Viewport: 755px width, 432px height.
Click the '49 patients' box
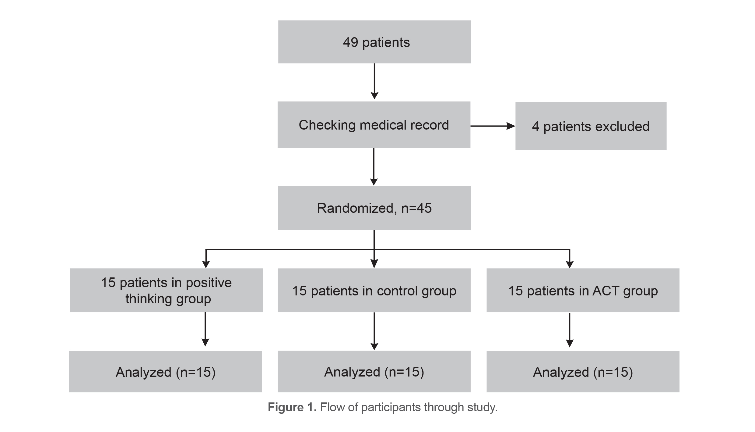(374, 42)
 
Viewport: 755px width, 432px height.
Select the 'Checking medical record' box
(374, 125)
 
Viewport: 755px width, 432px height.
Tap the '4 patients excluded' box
(591, 126)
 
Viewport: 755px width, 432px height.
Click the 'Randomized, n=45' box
(374, 208)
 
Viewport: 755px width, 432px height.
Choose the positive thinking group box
(166, 290)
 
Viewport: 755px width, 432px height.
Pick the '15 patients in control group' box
(374, 290)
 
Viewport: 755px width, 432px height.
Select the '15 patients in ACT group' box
(583, 290)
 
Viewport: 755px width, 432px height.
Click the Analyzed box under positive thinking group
(165, 372)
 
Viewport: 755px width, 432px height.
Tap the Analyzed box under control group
(374, 372)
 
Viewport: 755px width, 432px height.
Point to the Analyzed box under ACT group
(583, 372)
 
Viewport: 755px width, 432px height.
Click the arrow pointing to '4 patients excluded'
(493, 126)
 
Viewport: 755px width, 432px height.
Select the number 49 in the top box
(350, 42)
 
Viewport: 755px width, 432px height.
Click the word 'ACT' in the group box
(606, 291)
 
